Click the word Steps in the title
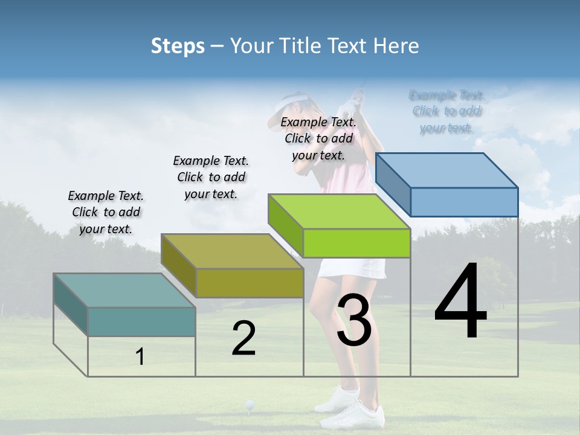[x=177, y=46]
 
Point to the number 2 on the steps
[x=243, y=338]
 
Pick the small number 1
[x=140, y=356]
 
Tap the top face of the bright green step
[x=339, y=211]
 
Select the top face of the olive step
[x=232, y=251]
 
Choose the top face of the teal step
[x=124, y=291]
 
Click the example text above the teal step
[x=106, y=212]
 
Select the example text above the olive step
[x=211, y=177]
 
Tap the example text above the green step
[x=318, y=138]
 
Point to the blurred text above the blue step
[x=446, y=111]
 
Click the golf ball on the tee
[x=250, y=404]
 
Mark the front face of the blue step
[x=464, y=202]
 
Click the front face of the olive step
[x=250, y=283]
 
